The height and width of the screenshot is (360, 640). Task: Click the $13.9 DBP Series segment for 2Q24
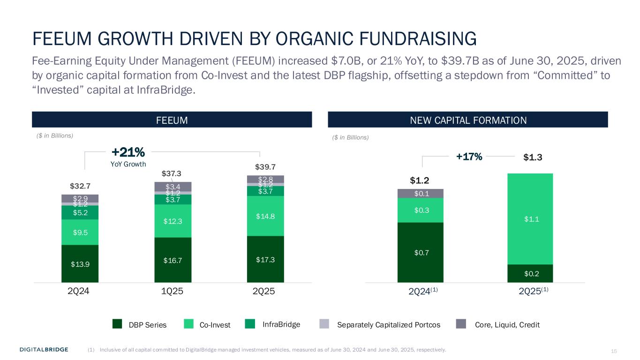click(80, 263)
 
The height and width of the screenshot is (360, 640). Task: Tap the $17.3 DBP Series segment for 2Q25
click(265, 259)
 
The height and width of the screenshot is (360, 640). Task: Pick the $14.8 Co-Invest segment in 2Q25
click(265, 216)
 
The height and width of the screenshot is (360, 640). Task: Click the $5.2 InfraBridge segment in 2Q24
click(80, 212)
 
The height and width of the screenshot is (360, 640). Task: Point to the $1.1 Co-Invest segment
click(530, 219)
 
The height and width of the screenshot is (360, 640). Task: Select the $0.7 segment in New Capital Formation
click(420, 253)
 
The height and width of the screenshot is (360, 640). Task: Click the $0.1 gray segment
click(420, 194)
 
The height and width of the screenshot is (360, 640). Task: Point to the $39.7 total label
click(265, 167)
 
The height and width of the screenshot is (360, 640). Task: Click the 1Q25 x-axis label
click(172, 291)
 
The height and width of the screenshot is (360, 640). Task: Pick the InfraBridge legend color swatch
click(250, 324)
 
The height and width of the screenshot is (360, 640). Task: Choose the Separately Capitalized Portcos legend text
click(389, 324)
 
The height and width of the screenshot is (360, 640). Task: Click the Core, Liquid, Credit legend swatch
click(461, 324)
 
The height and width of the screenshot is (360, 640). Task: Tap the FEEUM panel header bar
click(172, 120)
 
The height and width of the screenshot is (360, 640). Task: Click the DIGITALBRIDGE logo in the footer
click(44, 349)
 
